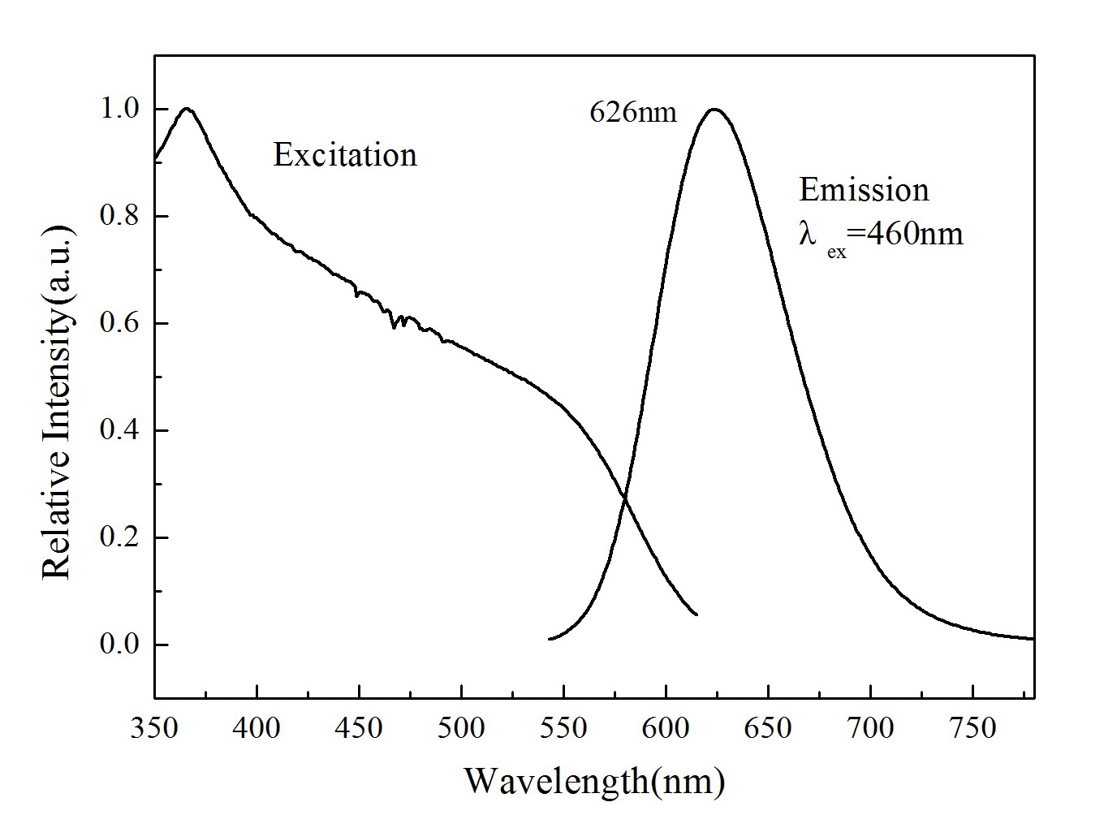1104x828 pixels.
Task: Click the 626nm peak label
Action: [x=632, y=112]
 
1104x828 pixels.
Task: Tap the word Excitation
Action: [x=345, y=154]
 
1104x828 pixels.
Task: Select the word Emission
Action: [x=864, y=190]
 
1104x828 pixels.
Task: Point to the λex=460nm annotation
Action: [x=881, y=235]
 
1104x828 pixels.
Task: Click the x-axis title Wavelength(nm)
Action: [x=594, y=781]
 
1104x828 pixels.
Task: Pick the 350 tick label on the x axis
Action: [x=155, y=727]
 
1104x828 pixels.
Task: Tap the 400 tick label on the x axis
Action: [x=257, y=727]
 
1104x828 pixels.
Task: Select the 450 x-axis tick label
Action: [x=360, y=727]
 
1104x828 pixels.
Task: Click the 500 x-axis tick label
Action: [x=461, y=727]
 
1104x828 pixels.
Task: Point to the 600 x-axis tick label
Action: [x=666, y=727]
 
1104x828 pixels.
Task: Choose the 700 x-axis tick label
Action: [x=870, y=727]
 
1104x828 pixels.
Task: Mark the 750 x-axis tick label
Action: [x=972, y=727]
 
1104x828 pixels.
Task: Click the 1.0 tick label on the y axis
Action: [x=119, y=110]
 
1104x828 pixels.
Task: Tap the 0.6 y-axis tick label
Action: [x=119, y=324]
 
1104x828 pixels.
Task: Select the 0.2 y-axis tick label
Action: [x=119, y=538]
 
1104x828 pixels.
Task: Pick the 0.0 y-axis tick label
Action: [x=119, y=645]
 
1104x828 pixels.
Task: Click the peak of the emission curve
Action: [x=714, y=109]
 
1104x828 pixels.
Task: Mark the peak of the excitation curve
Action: [x=188, y=108]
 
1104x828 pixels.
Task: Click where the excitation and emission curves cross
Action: [x=624, y=497]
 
